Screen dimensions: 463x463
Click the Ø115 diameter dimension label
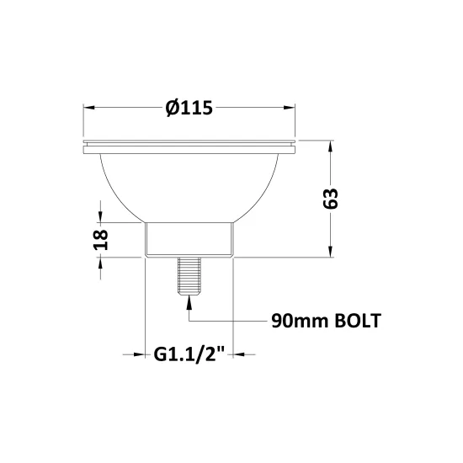coord(189,108)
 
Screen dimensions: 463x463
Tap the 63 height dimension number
coord(331,199)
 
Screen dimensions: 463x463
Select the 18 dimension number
coord(101,239)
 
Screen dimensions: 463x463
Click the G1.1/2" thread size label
coord(189,354)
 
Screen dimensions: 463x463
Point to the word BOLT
coord(357,321)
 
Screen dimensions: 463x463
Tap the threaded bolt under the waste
coord(189,276)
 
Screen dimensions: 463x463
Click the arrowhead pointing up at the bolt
coord(189,303)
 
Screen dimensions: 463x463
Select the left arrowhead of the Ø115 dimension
coord(89,108)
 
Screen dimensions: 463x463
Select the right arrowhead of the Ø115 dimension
coord(289,108)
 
